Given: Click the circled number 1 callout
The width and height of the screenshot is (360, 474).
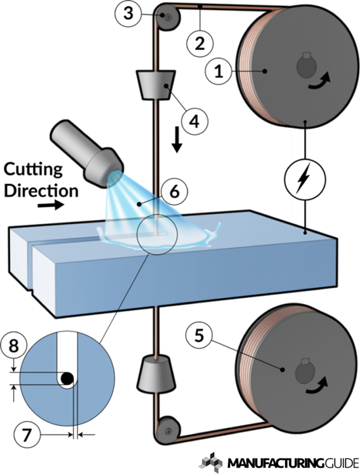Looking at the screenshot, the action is pyautogui.click(x=218, y=72).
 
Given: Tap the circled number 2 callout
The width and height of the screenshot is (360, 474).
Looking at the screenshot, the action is pyautogui.click(x=199, y=43).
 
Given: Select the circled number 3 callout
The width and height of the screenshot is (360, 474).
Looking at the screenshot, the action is pyautogui.click(x=129, y=14).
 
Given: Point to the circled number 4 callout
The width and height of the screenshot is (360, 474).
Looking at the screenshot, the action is pyautogui.click(x=194, y=121).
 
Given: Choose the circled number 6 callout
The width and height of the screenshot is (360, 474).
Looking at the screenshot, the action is pyautogui.click(x=174, y=192).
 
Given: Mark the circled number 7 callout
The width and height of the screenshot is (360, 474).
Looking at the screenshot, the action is pyautogui.click(x=27, y=435).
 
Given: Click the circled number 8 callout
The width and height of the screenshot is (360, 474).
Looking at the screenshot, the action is pyautogui.click(x=14, y=345).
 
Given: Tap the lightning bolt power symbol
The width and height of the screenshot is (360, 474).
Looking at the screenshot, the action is pyautogui.click(x=305, y=179).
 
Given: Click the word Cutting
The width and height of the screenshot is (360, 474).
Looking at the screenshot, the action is pyautogui.click(x=33, y=169).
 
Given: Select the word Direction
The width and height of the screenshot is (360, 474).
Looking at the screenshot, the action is pyautogui.click(x=41, y=191).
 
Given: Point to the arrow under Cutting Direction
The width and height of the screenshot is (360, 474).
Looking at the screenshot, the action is pyautogui.click(x=51, y=205).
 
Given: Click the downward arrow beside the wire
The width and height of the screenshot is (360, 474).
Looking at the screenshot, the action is pyautogui.click(x=177, y=141).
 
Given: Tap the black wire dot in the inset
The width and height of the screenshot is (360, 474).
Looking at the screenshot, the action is pyautogui.click(x=67, y=377).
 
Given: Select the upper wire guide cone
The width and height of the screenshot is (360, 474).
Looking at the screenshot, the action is pyautogui.click(x=156, y=85).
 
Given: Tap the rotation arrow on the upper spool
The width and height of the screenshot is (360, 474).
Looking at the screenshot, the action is pyautogui.click(x=319, y=81).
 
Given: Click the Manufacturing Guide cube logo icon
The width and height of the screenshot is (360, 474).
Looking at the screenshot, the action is pyautogui.click(x=211, y=462).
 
